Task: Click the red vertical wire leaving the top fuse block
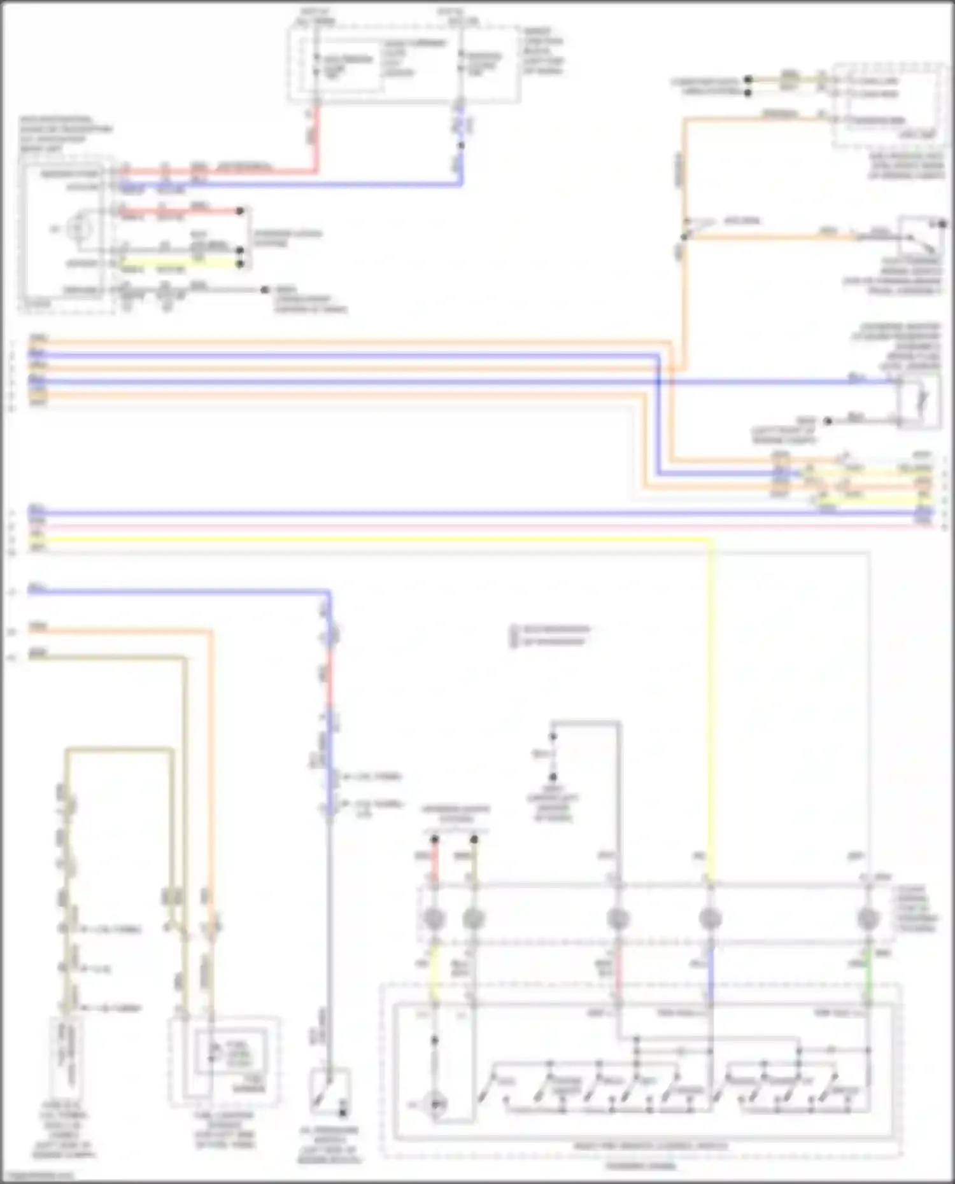[316, 137]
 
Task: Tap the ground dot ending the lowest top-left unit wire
[264, 290]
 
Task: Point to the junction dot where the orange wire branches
[684, 237]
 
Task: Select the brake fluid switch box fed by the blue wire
[919, 401]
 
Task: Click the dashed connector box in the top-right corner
[888, 105]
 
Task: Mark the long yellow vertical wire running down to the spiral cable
[711, 700]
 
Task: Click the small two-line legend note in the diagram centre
[551, 635]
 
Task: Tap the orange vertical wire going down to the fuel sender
[211, 763]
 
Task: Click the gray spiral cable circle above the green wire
[868, 919]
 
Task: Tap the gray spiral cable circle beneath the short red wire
[434, 919]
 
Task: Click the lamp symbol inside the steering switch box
[435, 1105]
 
